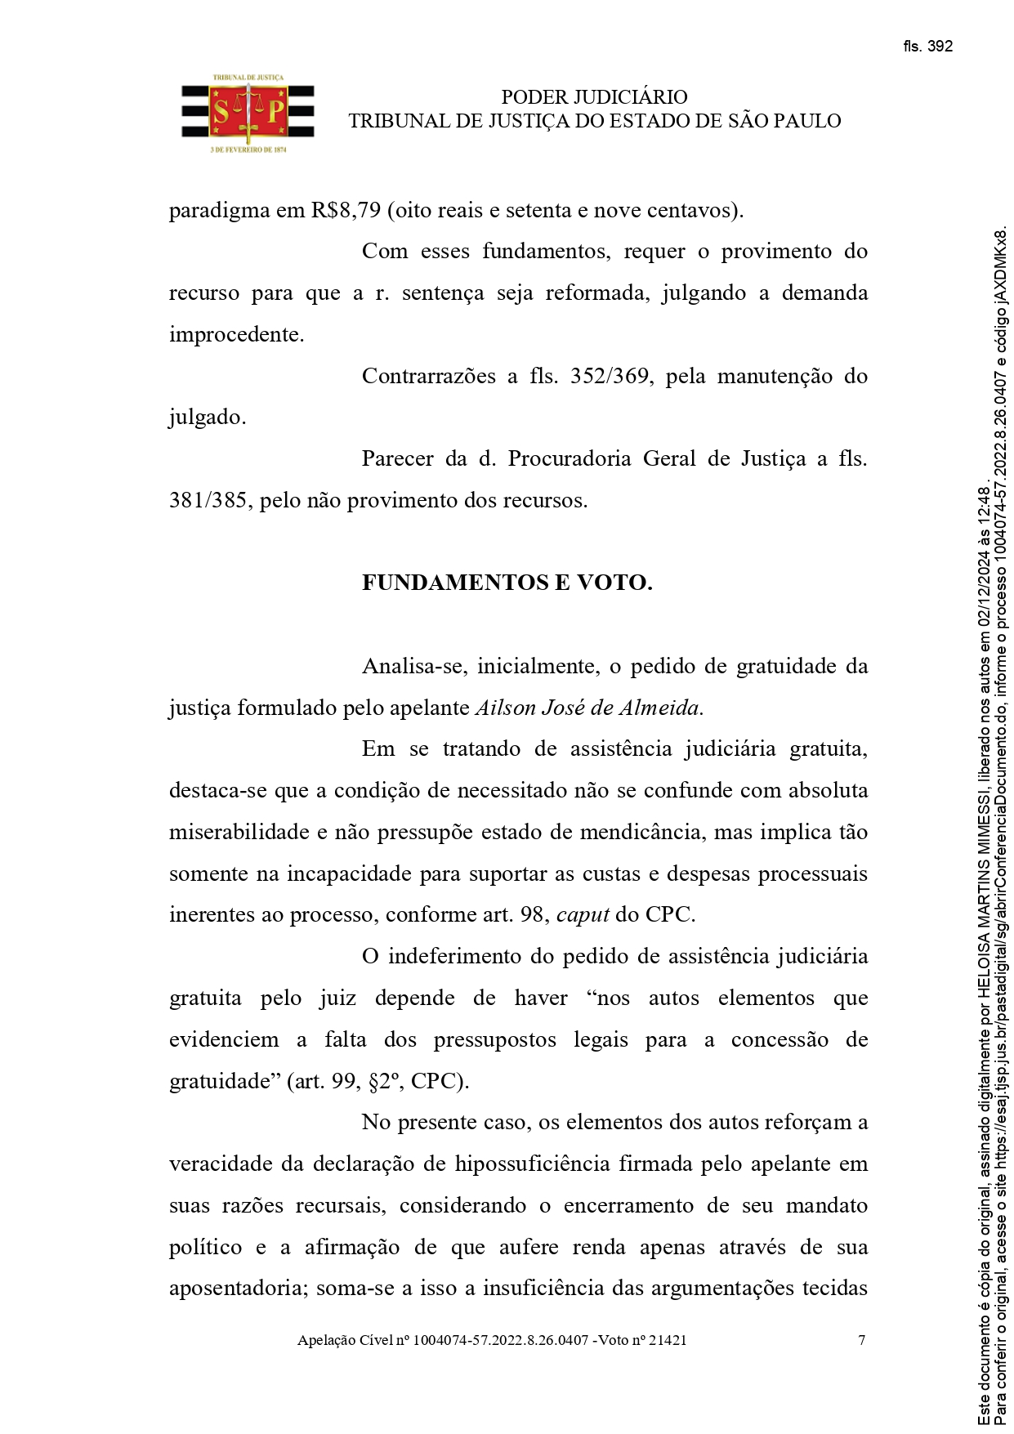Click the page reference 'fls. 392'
coord(927,47)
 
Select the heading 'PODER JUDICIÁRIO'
coord(594,97)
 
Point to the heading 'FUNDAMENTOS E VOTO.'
coord(507,583)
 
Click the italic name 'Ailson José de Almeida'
coord(587,708)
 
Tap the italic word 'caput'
coord(583,914)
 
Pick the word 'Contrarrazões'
coord(427,376)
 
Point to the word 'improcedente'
coord(235,334)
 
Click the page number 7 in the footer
coord(861,1340)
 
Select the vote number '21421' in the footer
coord(668,1340)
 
